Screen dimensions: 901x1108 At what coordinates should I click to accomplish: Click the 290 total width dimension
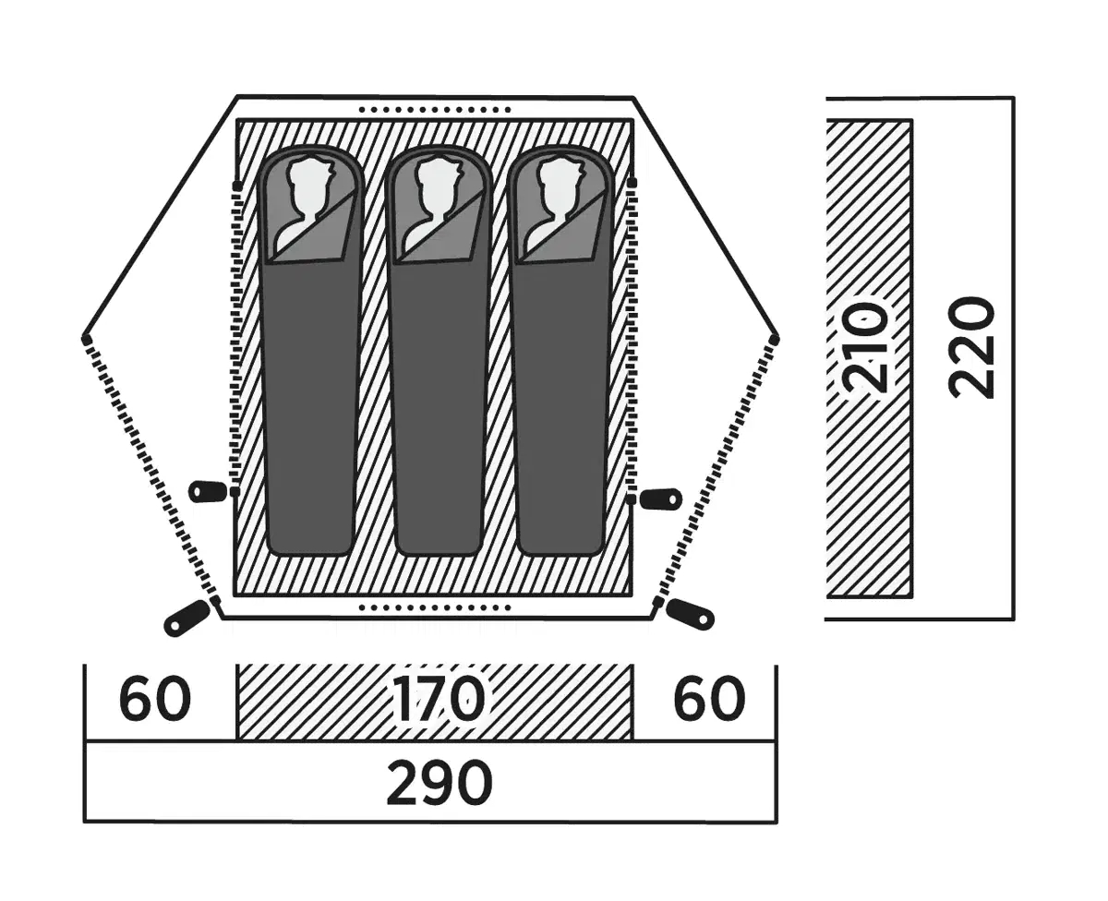[439, 785]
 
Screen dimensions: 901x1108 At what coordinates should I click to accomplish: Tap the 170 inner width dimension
[436, 701]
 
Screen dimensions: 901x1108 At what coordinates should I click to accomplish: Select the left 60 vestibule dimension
[155, 701]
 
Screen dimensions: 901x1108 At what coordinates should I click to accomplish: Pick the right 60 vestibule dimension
[708, 701]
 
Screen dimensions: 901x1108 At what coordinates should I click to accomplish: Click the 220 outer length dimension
[973, 346]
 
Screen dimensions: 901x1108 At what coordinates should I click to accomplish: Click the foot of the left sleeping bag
[312, 535]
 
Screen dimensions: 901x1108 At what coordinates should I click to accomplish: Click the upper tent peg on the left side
[207, 491]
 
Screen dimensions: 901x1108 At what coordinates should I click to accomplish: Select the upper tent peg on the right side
[662, 499]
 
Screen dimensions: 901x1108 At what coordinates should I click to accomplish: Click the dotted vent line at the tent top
[434, 109]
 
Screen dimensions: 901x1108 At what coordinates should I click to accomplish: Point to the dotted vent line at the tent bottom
[434, 608]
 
